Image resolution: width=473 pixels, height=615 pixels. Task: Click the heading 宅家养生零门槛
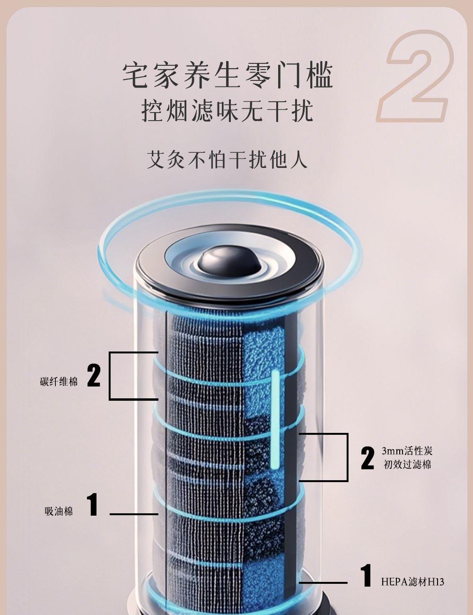click(x=228, y=76)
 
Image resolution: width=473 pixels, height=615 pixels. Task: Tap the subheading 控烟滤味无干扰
click(x=227, y=111)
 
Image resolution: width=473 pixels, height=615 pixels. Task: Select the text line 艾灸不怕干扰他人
click(x=227, y=159)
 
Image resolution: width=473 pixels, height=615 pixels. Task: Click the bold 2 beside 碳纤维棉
click(x=94, y=375)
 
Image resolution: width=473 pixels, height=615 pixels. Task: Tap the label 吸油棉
click(x=59, y=511)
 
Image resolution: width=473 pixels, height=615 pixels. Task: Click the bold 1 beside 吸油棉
click(x=93, y=504)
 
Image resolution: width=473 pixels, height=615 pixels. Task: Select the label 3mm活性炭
click(x=407, y=450)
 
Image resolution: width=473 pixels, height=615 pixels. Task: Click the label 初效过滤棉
click(x=407, y=465)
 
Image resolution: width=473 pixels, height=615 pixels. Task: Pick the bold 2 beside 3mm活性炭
click(x=368, y=457)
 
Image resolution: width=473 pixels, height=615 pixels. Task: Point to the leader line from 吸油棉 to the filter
click(x=134, y=514)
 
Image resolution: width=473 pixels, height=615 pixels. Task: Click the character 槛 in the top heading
click(x=319, y=76)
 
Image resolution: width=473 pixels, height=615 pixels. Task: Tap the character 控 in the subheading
click(x=153, y=111)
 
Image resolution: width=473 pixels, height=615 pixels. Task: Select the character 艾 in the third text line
click(x=156, y=159)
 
